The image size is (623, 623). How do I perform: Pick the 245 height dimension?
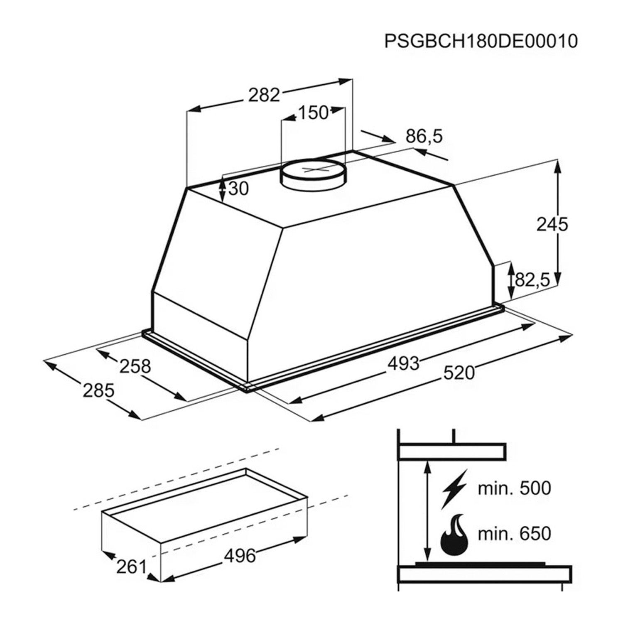552,224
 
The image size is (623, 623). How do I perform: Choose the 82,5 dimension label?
532,280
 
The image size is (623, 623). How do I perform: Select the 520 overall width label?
459,373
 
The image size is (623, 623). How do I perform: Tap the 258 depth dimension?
135,366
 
